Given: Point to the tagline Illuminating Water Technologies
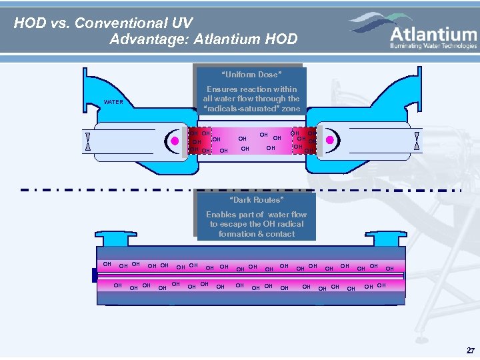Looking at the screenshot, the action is (434, 46).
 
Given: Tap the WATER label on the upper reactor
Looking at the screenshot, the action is (113, 102).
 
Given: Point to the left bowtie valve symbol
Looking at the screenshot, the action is (87, 141).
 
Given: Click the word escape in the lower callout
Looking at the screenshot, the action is (234, 224).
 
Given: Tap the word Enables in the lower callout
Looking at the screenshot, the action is (221, 215).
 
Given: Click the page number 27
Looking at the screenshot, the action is (471, 350).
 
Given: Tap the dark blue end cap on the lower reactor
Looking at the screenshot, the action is (95, 275).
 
